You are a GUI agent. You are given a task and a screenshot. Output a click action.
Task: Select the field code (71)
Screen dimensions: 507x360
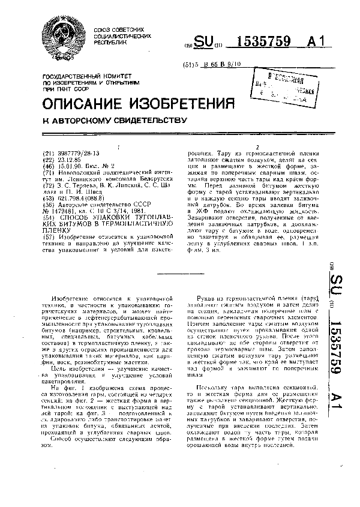click(x=49, y=171)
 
